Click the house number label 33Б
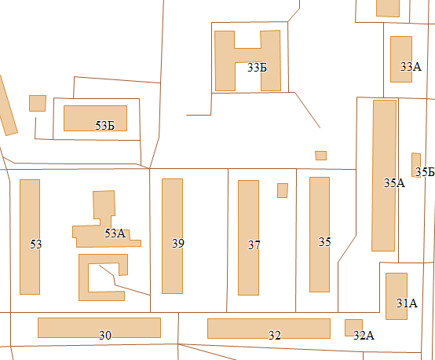(257, 68)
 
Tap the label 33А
(411, 67)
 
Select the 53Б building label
(104, 126)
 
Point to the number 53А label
(115, 233)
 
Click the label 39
(177, 244)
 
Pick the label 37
(254, 245)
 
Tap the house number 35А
(394, 183)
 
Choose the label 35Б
(425, 172)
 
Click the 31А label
(407, 303)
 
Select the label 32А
(364, 336)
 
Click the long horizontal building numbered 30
(99, 328)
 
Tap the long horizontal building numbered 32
(269, 329)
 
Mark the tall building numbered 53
(30, 237)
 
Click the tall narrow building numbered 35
(320, 235)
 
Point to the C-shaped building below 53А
(83, 277)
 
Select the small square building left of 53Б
(38, 103)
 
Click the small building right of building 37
(283, 190)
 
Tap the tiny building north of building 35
(320, 156)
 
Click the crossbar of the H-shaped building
(248, 55)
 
